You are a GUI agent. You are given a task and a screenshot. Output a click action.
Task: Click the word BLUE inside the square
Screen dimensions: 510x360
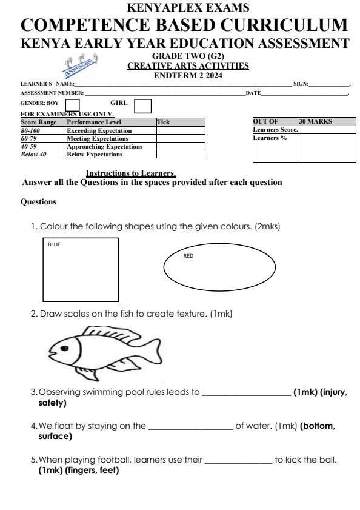(53, 245)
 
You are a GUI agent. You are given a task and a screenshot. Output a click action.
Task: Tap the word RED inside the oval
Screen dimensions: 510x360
(188, 256)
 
